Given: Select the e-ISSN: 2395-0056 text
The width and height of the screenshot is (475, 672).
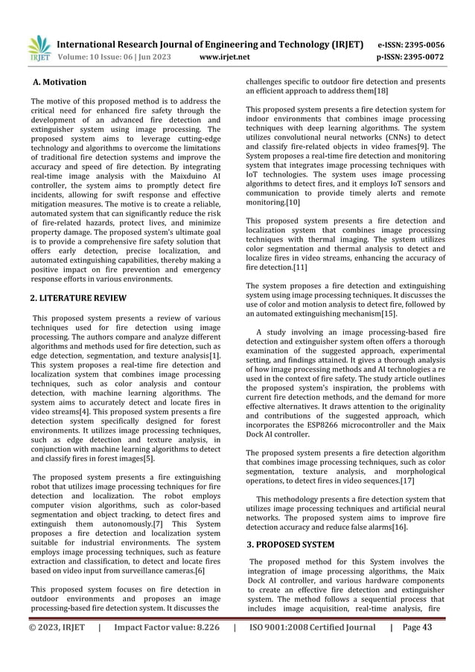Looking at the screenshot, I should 412,44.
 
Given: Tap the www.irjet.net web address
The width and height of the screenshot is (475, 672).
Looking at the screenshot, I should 228,56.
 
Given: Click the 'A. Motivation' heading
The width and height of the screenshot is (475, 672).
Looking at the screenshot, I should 59,82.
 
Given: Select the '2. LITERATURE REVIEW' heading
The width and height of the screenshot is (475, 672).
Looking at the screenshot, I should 78,298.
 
